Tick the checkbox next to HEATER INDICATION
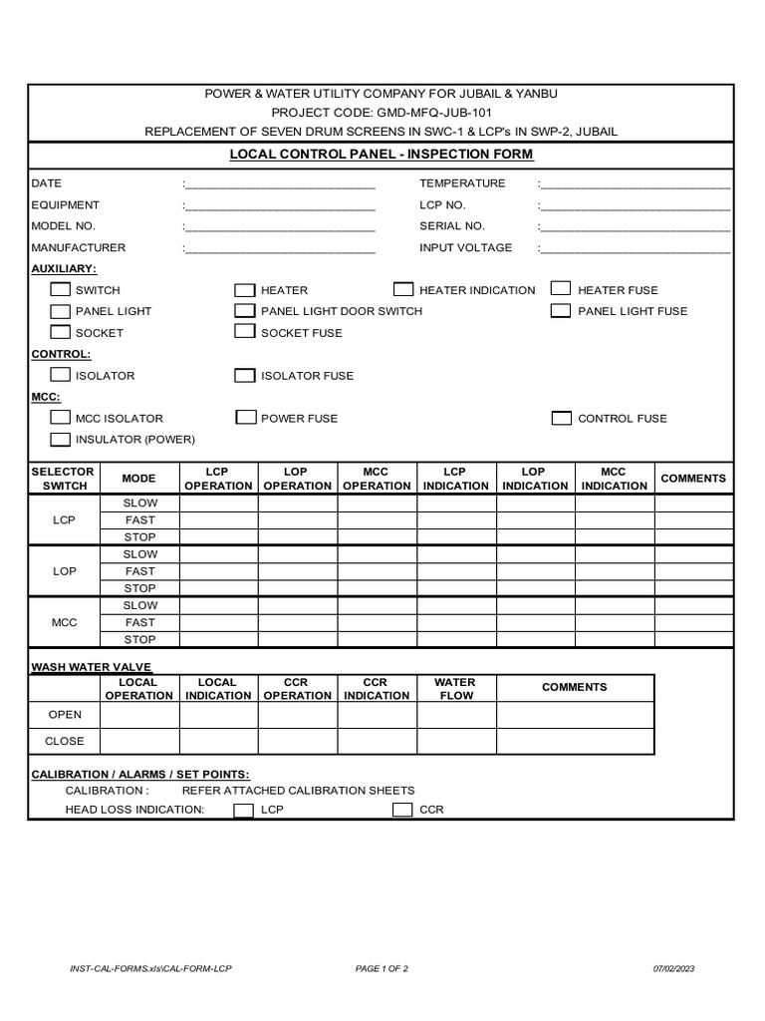(x=403, y=289)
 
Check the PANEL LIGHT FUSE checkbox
(x=561, y=310)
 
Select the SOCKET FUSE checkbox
(x=245, y=332)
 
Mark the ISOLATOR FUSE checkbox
(x=245, y=375)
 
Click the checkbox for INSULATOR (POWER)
(x=60, y=439)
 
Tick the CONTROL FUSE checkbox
(x=561, y=418)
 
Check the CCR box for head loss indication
(x=402, y=810)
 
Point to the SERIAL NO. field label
(x=452, y=226)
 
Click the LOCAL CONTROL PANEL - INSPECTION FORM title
(x=382, y=155)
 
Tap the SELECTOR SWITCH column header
(x=64, y=479)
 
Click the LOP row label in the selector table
(x=64, y=571)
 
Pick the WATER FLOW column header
(x=455, y=689)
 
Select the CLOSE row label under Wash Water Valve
(x=66, y=741)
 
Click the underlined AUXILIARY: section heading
(x=64, y=269)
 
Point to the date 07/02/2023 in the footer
(x=674, y=968)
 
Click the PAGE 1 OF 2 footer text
(x=382, y=968)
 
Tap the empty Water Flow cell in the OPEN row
(x=456, y=715)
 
